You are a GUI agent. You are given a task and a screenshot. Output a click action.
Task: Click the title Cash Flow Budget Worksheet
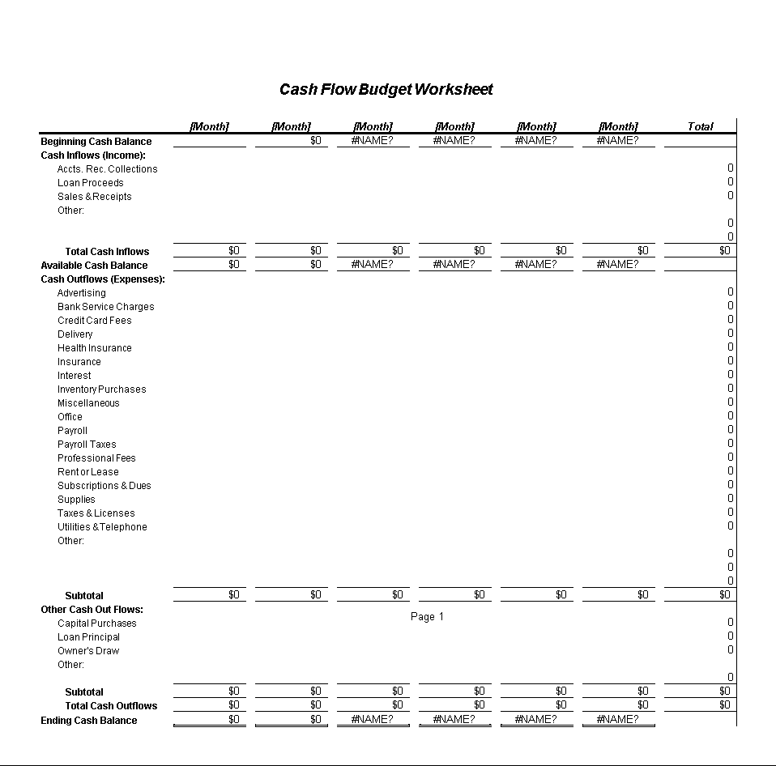(x=386, y=90)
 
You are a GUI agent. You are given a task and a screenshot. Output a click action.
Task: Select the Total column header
(x=700, y=126)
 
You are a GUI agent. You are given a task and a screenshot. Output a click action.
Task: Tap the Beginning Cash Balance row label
(x=96, y=142)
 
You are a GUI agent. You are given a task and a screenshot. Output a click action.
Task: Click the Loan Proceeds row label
(x=91, y=183)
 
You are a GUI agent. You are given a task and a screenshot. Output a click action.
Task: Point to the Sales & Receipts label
(x=94, y=197)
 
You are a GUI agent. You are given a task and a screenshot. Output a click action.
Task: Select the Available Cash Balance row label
(x=94, y=266)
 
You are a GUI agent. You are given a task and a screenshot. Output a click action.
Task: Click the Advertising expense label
(x=81, y=293)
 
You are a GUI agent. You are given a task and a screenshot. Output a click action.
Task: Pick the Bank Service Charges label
(x=105, y=307)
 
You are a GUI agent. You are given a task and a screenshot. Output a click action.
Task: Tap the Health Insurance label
(x=94, y=348)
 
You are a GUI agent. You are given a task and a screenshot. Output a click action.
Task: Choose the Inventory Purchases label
(x=101, y=389)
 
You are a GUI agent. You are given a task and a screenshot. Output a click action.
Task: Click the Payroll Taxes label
(x=87, y=445)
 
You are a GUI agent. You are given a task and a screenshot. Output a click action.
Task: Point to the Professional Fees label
(x=96, y=458)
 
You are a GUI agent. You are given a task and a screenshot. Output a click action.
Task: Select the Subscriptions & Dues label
(x=104, y=486)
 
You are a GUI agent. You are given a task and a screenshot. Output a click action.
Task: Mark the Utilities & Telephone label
(x=102, y=527)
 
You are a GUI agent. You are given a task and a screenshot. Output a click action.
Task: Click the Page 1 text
(x=427, y=617)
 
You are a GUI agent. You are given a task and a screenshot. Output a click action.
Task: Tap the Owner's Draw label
(x=88, y=651)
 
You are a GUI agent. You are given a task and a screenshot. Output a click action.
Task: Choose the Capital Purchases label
(x=96, y=623)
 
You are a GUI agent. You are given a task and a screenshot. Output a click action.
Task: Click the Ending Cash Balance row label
(x=89, y=721)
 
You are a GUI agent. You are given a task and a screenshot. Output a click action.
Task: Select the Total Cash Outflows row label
(x=111, y=706)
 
